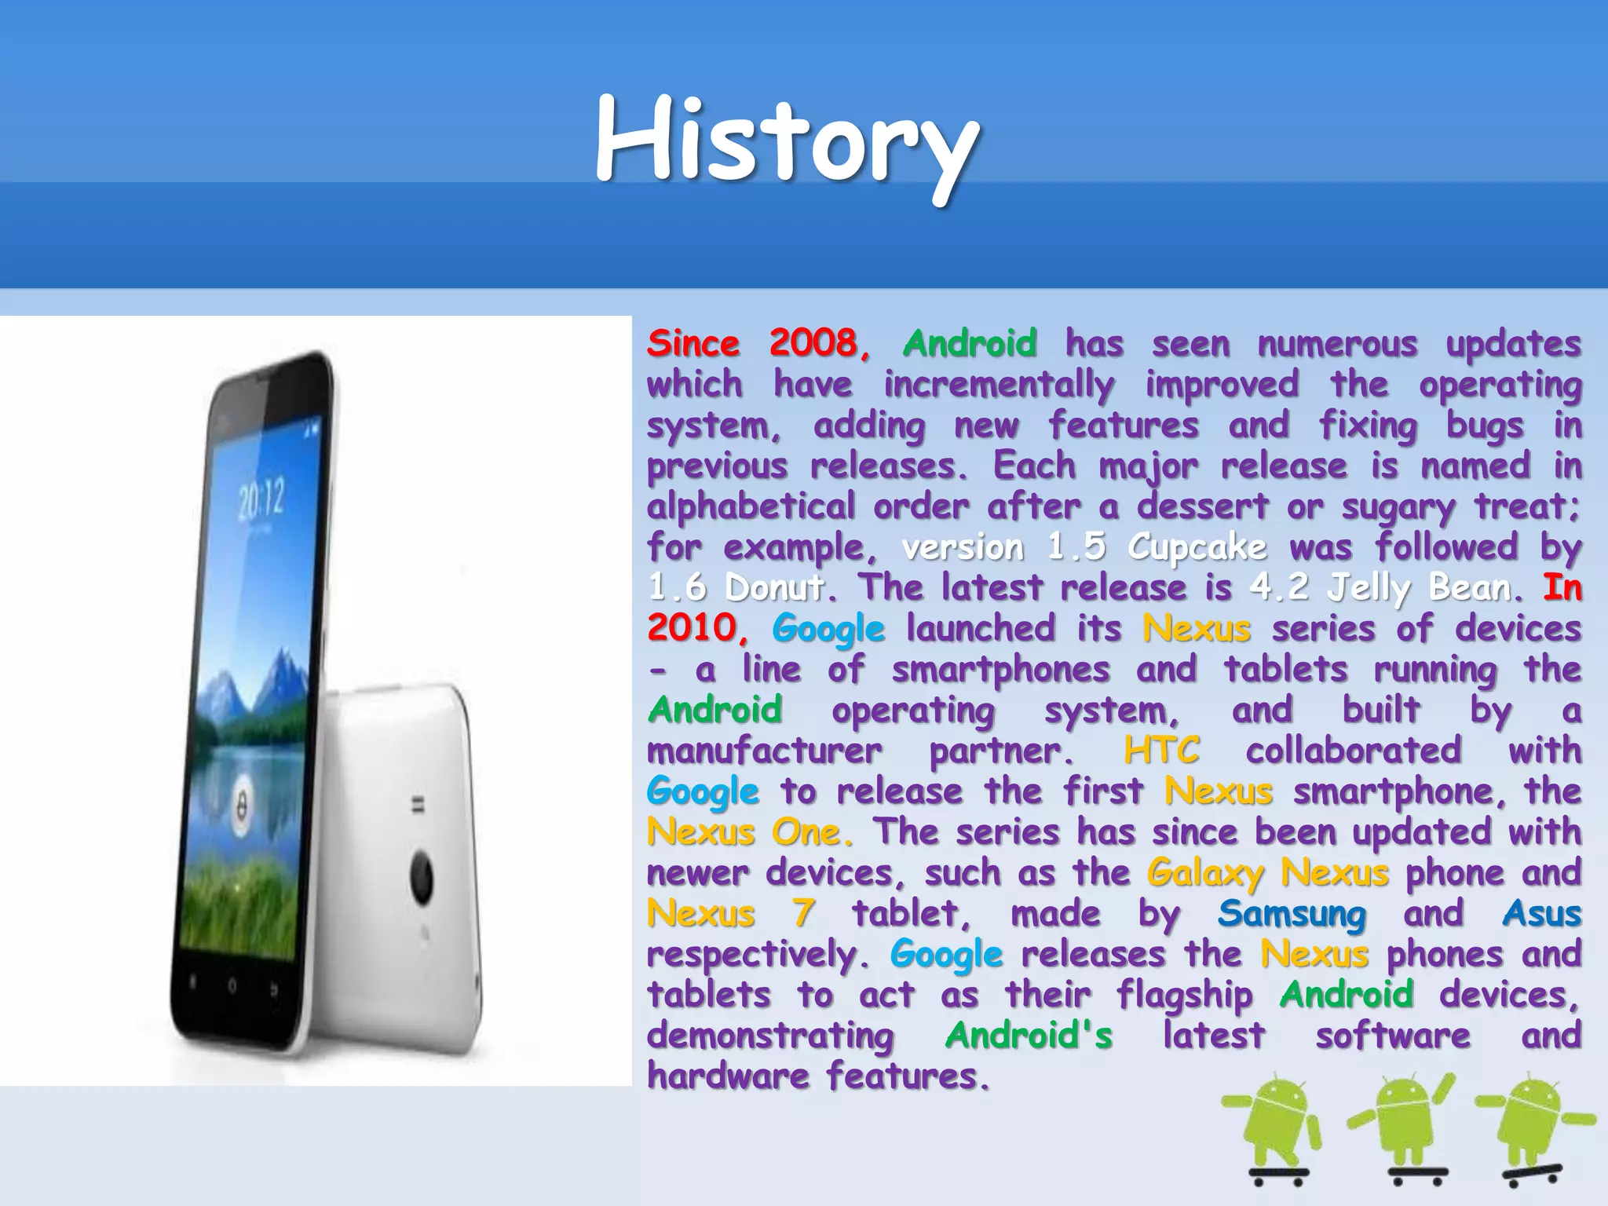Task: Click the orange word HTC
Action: point(1161,750)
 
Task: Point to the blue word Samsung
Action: point(1292,914)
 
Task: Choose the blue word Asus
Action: point(1541,913)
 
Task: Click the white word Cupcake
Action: point(1197,547)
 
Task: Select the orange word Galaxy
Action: point(1204,873)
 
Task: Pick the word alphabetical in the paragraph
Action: point(751,506)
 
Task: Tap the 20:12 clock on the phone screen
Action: point(261,500)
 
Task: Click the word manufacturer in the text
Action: point(764,751)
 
